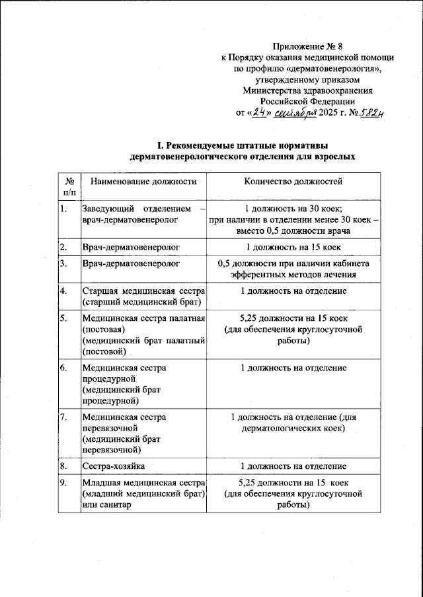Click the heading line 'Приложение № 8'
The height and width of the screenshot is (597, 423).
[308, 46]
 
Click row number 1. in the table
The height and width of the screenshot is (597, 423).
[63, 209]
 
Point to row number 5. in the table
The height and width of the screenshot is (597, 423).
[63, 319]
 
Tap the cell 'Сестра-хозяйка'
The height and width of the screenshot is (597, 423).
[111, 466]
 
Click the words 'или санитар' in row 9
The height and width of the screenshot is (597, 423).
[106, 505]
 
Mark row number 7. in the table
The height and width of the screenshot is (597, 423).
[63, 417]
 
